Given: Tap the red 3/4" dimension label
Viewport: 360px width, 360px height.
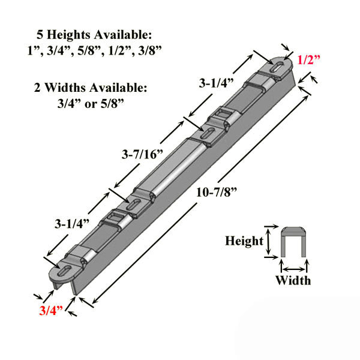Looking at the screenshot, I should click(x=50, y=311).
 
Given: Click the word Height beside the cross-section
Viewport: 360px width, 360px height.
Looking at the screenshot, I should click(x=244, y=241).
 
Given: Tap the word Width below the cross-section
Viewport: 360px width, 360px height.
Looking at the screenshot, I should click(x=293, y=280).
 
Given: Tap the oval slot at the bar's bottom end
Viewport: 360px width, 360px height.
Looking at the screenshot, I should click(x=67, y=269).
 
